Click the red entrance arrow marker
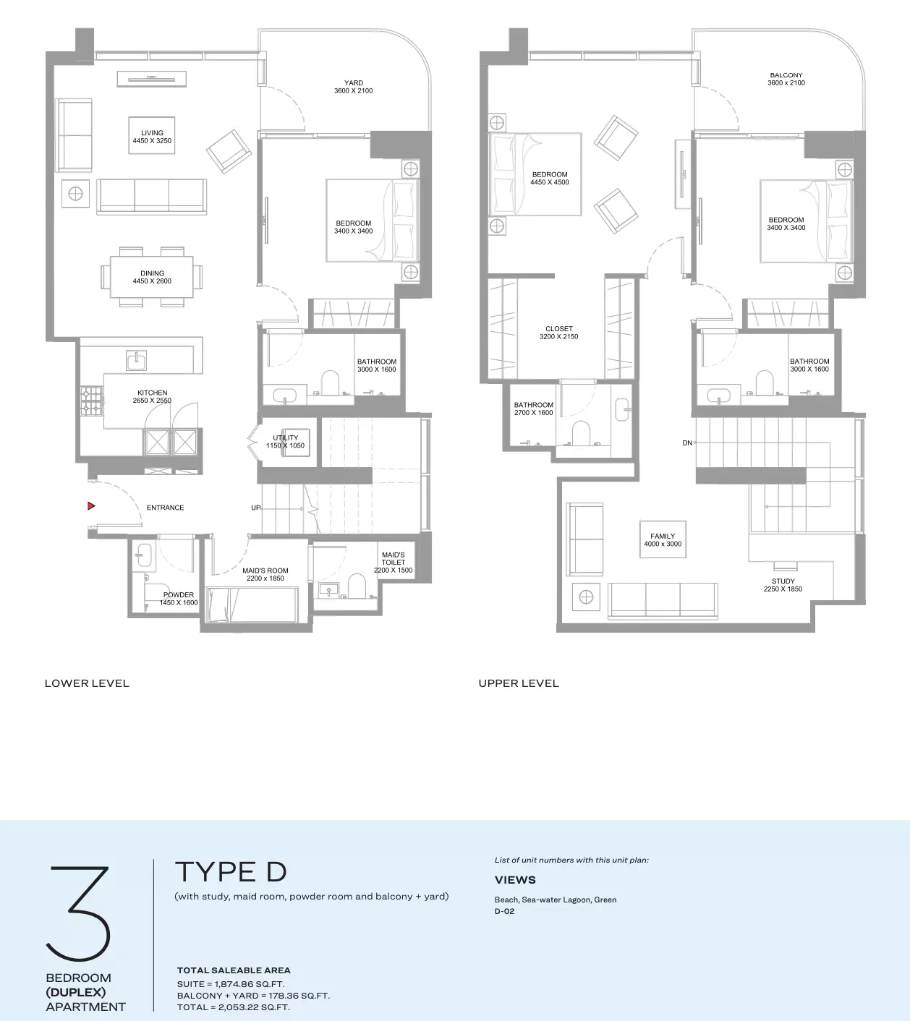point(90,505)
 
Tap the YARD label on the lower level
point(354,82)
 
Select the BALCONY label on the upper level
point(786,75)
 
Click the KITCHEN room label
point(152,393)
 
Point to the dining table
point(152,277)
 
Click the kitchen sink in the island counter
point(136,360)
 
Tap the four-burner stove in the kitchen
point(91,401)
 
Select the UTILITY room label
point(285,437)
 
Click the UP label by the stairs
point(255,508)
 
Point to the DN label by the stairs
point(687,443)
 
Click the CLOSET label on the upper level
point(559,328)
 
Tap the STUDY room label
point(783,581)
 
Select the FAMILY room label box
point(663,539)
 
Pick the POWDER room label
point(179,594)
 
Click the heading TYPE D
point(231,872)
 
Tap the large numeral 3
point(78,913)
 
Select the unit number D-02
point(505,911)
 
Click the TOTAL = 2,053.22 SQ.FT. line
point(234,1007)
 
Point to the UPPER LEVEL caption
point(519,683)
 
